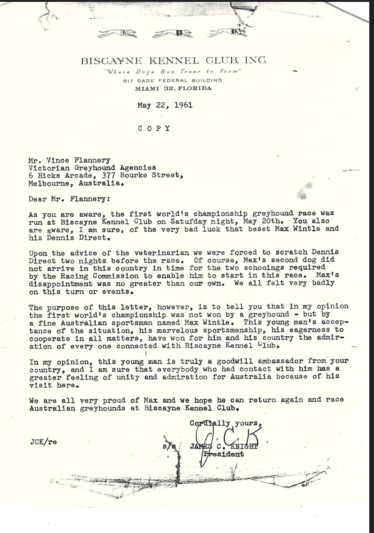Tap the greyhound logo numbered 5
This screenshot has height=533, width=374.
click(173, 33)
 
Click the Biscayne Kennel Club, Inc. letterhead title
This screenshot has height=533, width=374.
click(173, 60)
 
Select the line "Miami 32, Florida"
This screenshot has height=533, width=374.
click(173, 88)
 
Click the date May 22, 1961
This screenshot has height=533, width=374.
click(165, 105)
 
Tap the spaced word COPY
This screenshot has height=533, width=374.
click(154, 128)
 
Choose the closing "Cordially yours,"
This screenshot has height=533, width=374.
click(225, 423)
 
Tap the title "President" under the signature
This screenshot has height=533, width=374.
click(224, 454)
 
